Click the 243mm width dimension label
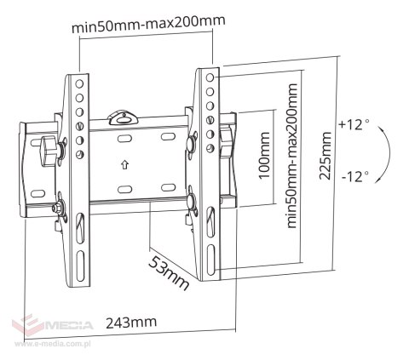coord(131,323)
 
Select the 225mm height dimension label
coord(325,156)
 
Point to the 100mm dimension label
coord(264,155)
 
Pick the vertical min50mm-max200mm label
coord(292,156)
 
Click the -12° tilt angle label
coord(355,176)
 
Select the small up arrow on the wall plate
coord(124,164)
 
